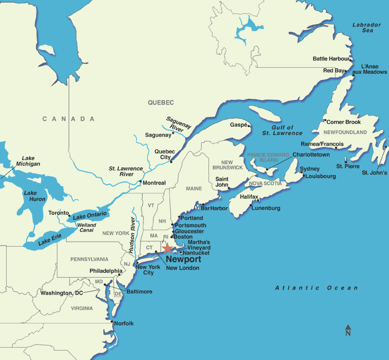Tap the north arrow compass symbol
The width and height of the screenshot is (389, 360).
coord(348,330)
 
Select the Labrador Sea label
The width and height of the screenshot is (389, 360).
coord(367,28)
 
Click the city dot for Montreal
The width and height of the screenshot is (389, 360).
coord(140,182)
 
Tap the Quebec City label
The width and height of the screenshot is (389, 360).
coord(164,154)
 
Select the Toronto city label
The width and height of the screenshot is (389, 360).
coord(58,213)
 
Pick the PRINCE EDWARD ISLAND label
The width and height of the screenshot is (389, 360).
coord(268,157)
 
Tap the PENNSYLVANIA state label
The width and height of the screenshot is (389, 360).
coord(89,259)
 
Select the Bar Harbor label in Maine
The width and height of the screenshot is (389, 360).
coord(215,208)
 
